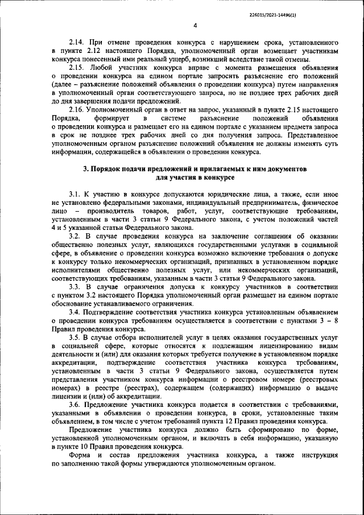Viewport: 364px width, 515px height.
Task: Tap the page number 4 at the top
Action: click(195, 26)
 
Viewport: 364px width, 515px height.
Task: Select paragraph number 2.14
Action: click(77, 43)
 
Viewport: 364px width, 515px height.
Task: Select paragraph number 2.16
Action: click(77, 110)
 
